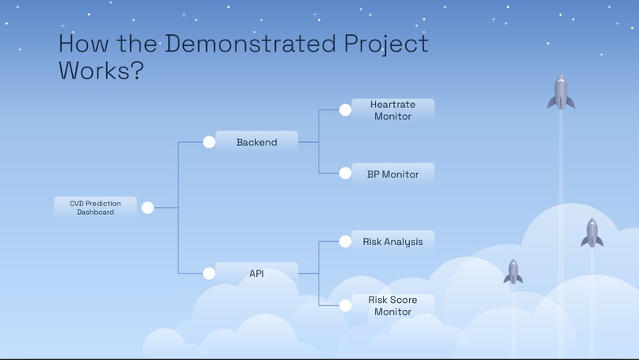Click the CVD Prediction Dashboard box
click(95, 208)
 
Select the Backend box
click(256, 142)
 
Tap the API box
click(256, 274)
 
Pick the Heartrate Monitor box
click(392, 110)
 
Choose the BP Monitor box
click(392, 174)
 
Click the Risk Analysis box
click(392, 242)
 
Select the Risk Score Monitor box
click(392, 305)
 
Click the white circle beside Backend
click(209, 142)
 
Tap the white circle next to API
click(209, 274)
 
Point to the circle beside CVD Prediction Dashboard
click(147, 208)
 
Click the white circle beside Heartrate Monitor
click(346, 110)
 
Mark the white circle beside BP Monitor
click(346, 173)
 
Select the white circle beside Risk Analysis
click(346, 242)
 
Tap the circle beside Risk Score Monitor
click(346, 305)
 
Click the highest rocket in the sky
click(561, 92)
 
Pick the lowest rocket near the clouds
click(514, 271)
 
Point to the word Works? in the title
click(101, 70)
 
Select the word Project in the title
click(385, 44)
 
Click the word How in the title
click(85, 44)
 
